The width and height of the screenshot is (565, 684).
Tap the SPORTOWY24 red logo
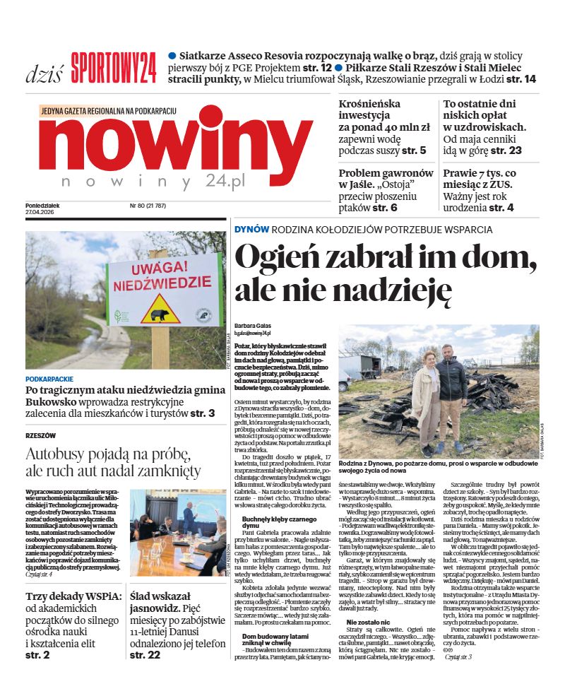click(x=113, y=69)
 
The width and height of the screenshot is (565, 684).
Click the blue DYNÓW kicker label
click(x=251, y=229)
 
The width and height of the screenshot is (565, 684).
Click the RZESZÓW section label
click(x=40, y=435)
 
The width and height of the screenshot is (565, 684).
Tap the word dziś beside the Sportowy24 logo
click(x=44, y=73)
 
